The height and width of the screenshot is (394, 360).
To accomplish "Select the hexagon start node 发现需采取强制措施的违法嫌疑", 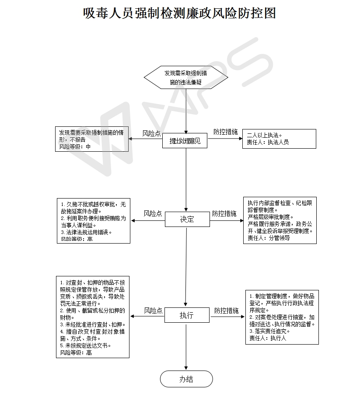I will click(186, 77).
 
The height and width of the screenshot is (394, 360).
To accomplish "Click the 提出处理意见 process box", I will click(185, 141).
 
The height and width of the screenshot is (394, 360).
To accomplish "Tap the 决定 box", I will click(187, 219).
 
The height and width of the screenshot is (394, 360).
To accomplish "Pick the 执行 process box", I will click(187, 315).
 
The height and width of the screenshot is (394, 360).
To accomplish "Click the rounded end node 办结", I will click(186, 379).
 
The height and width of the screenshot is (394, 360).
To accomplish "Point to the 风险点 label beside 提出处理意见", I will click(151, 133).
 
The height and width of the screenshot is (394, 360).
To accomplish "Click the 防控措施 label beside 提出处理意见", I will click(225, 132).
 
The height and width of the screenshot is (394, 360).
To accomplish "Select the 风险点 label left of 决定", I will click(153, 213).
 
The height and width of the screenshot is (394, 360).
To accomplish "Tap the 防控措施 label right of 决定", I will click(224, 213).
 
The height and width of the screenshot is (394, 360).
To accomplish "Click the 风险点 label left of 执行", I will click(153, 310).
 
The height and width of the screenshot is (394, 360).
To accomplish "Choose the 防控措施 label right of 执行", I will click(226, 310).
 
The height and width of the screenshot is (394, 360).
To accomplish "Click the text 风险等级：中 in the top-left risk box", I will click(75, 147).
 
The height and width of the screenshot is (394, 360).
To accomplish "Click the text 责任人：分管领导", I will click(269, 238).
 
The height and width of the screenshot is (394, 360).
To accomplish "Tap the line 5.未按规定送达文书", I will click(86, 345).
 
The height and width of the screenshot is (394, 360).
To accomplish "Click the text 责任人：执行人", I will click(267, 338).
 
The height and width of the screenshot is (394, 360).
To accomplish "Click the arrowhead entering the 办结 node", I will click(186, 368).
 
